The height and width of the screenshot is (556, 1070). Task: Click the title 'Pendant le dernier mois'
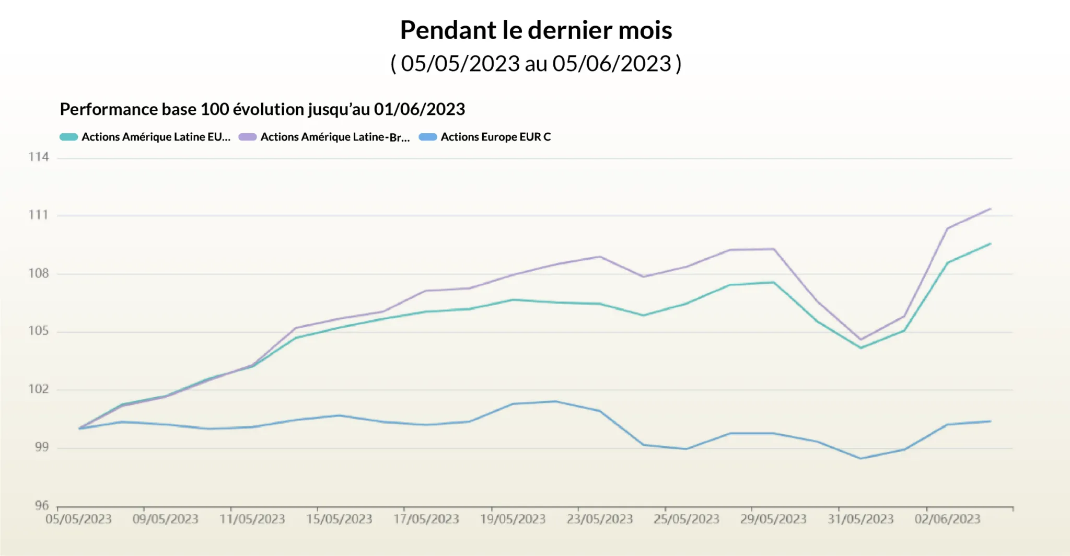point(536,30)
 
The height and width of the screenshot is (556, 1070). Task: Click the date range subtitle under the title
point(536,64)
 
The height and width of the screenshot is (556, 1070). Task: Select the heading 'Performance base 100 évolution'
point(262,109)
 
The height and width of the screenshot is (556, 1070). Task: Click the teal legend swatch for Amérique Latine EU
point(68,137)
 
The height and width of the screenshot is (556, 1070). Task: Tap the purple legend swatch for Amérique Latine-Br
point(248,137)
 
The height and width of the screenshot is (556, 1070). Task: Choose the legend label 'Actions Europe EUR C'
point(495,137)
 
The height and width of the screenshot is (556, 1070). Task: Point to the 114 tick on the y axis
point(38,157)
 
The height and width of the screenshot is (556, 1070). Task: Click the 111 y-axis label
point(38,215)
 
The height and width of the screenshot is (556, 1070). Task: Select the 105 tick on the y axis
point(38,331)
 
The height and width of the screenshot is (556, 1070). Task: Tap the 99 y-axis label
point(41,447)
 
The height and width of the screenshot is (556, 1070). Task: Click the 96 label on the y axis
point(41,505)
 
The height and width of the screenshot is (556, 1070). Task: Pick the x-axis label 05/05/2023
point(78,519)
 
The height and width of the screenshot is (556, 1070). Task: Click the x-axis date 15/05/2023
point(339,519)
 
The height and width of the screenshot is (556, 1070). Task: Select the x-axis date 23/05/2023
point(600,519)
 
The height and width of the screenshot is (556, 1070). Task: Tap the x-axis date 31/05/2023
point(860,519)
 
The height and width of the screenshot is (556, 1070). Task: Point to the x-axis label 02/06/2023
point(947,519)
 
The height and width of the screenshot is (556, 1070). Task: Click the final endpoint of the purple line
point(991,209)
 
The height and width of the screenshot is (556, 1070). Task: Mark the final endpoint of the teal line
point(991,244)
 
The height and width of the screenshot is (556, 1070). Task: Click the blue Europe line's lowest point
point(860,459)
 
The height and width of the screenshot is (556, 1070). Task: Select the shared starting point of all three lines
point(79,428)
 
